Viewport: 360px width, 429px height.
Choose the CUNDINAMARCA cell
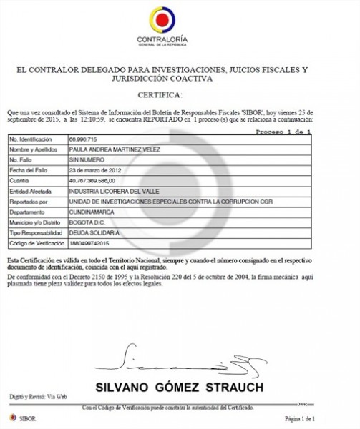[89, 212]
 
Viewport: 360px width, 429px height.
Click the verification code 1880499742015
[88, 245]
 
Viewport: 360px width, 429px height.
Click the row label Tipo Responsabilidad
[36, 234]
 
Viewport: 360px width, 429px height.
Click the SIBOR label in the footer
[29, 417]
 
